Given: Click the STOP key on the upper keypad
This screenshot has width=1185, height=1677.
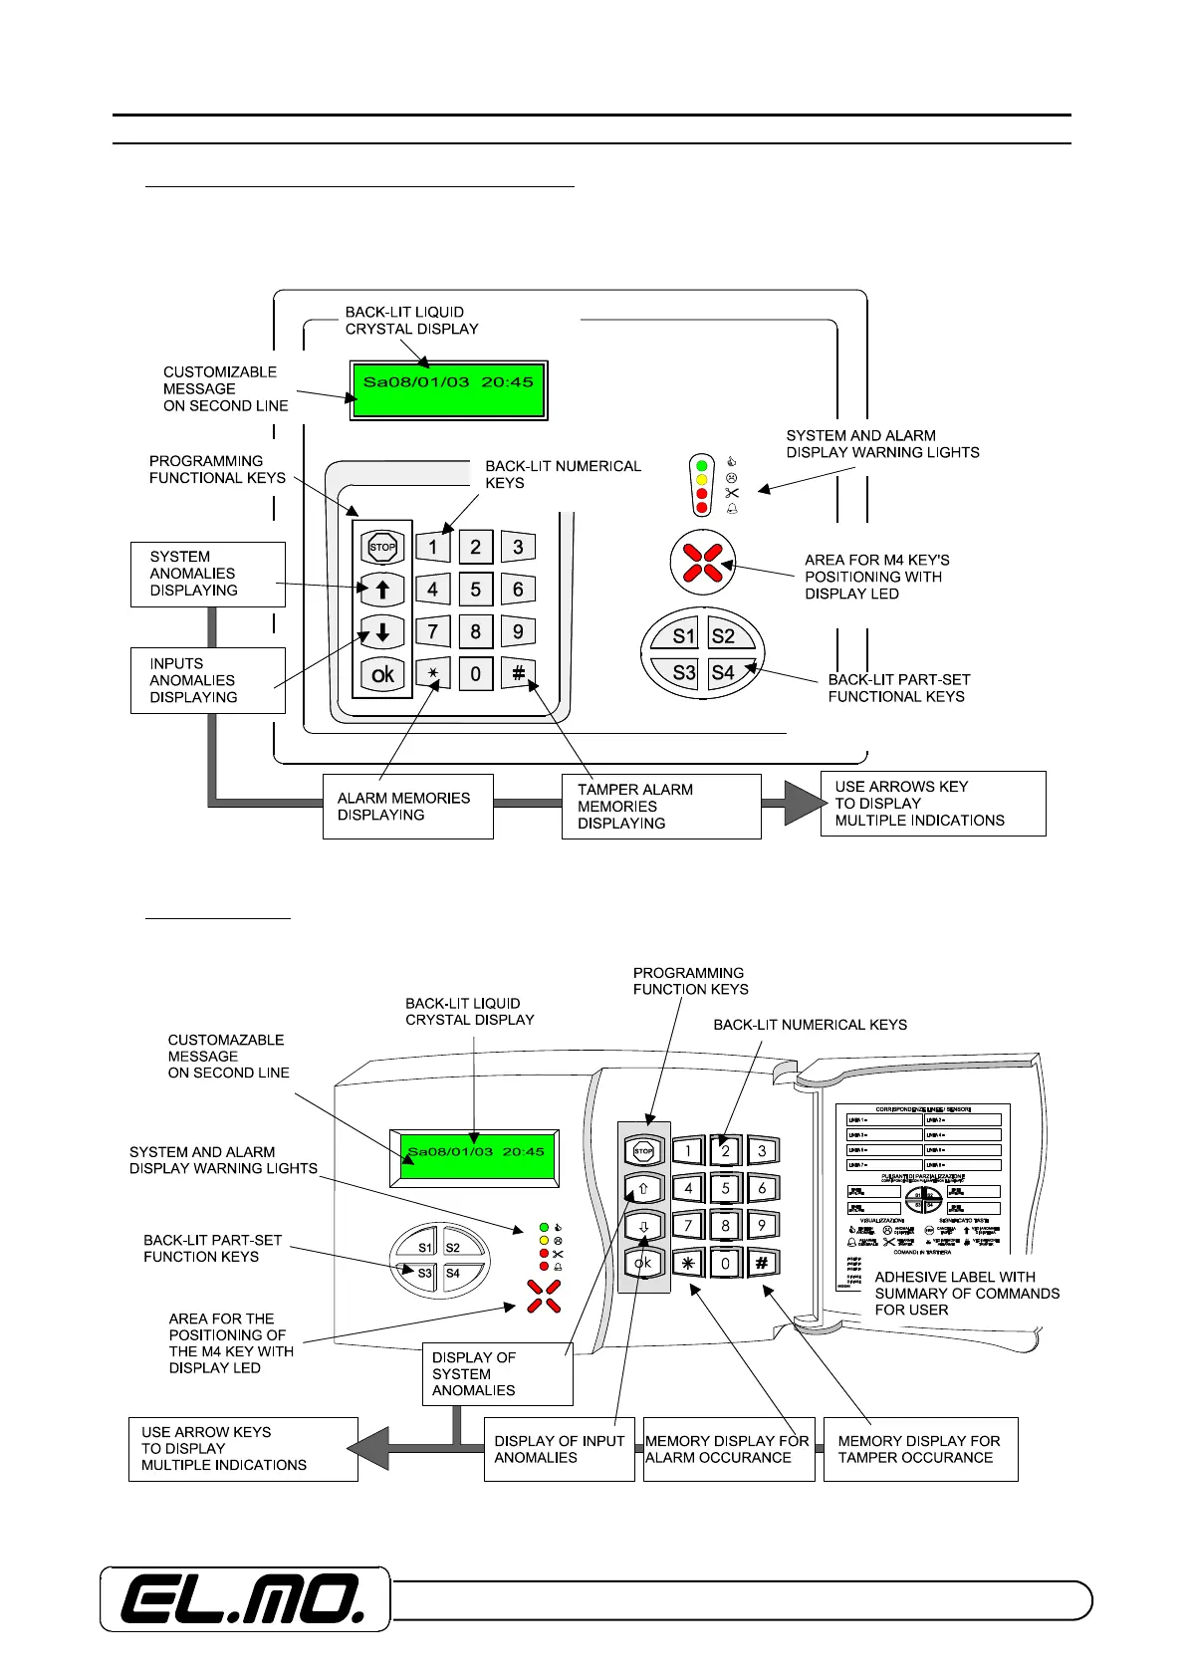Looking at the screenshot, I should click(382, 547).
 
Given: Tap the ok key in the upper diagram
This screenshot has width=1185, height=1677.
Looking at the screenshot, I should click(382, 674).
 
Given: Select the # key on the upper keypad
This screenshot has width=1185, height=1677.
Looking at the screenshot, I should click(518, 674).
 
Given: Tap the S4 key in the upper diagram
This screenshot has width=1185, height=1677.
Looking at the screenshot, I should click(724, 672).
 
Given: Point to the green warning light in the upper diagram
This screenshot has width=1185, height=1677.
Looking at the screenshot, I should click(702, 464).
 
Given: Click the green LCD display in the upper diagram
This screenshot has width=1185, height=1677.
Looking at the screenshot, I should click(448, 389).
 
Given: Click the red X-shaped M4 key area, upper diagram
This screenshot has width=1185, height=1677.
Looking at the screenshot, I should click(703, 562).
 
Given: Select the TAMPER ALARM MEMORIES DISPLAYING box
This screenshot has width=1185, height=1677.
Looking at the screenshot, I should click(661, 807).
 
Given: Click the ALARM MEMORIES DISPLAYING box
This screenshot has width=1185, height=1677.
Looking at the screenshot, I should click(408, 807).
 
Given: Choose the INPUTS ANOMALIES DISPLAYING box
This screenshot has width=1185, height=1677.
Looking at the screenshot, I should click(207, 680).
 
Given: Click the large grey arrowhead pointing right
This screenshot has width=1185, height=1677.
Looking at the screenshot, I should click(803, 803).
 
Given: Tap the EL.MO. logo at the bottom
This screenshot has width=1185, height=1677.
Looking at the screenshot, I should click(244, 1599).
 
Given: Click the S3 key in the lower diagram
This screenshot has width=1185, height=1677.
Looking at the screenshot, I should click(425, 1273).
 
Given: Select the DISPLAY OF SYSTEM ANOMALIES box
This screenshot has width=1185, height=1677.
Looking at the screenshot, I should click(498, 1374).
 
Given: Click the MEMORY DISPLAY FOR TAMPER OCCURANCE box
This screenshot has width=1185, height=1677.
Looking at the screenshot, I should click(920, 1449).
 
